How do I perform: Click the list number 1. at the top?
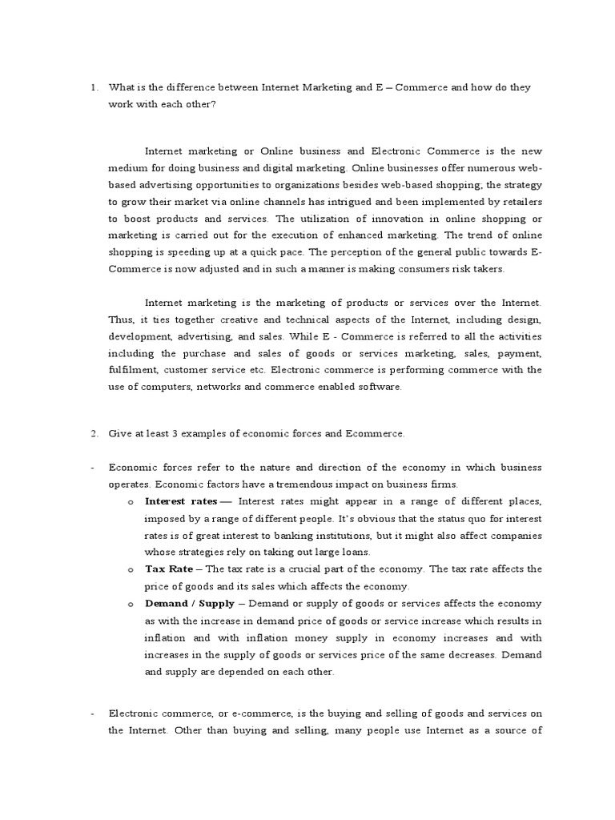[94, 87]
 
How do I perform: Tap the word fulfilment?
[134, 370]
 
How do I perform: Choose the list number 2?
[94, 434]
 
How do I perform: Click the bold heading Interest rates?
[181, 501]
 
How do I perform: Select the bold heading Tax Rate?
[170, 569]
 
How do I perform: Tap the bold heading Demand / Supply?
[189, 604]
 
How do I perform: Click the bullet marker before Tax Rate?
[130, 569]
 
